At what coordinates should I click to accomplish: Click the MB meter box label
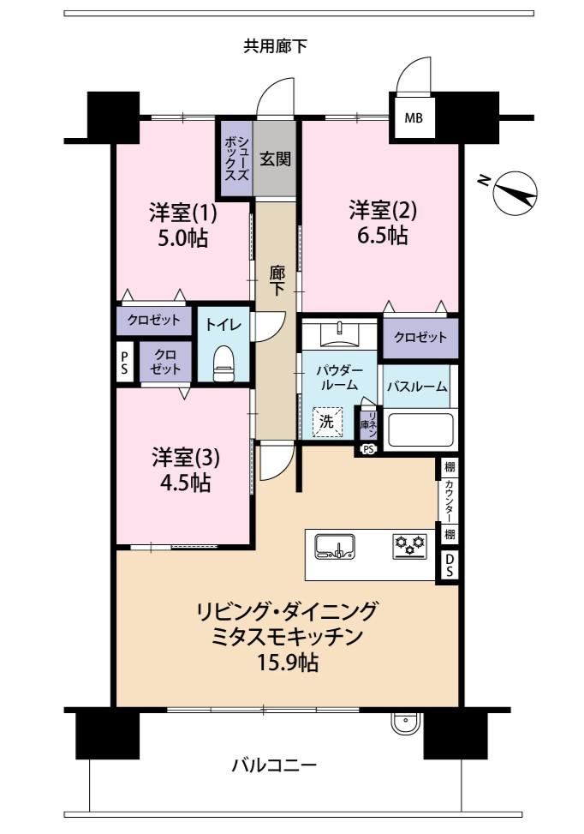(x=414, y=117)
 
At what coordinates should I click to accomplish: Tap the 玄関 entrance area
(x=275, y=159)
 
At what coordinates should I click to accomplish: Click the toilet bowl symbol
(x=223, y=363)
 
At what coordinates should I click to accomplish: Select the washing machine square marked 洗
(x=327, y=422)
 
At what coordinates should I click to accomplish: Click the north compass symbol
(x=515, y=194)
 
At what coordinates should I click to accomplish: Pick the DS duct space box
(x=449, y=566)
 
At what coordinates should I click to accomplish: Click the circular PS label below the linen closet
(x=367, y=449)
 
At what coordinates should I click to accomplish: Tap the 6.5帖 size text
(x=383, y=235)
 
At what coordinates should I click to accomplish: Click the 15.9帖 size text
(x=288, y=663)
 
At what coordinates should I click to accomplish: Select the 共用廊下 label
(x=275, y=46)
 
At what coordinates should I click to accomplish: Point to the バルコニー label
(x=274, y=765)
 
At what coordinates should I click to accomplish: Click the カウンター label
(x=450, y=501)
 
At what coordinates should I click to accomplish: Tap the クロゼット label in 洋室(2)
(x=420, y=337)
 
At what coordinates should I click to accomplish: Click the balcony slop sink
(x=406, y=723)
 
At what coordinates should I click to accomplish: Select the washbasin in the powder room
(x=340, y=334)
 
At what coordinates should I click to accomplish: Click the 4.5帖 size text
(x=185, y=483)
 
